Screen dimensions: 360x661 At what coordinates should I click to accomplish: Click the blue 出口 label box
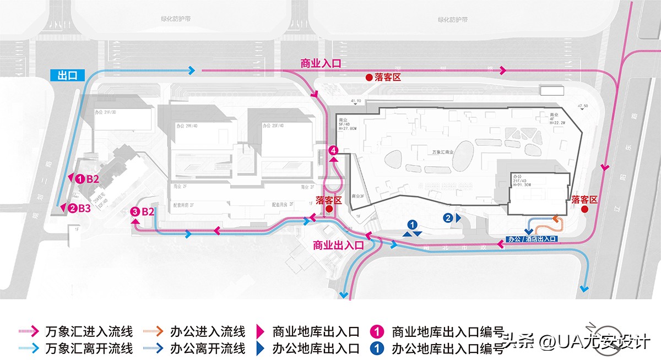pos(67,75)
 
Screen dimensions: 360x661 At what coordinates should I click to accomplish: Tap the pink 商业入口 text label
pos(321,63)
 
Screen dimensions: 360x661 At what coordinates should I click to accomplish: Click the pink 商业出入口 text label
pos(338,246)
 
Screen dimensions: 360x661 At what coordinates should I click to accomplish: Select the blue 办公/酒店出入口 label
pos(531,239)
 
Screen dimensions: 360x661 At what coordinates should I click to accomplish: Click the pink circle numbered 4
pos(332,150)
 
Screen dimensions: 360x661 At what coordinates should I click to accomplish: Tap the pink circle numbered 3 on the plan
pos(134,211)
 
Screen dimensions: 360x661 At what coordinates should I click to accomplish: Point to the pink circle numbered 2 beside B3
pos(72,208)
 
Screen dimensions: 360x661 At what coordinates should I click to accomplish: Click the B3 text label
pos(84,208)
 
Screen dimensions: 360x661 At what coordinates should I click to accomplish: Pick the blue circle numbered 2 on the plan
pos(449,218)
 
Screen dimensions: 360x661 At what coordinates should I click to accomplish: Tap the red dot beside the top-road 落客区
pos(369,78)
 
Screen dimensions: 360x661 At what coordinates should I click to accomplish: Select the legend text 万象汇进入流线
pos(89,332)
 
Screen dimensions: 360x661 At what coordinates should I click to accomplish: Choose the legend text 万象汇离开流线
pos(89,348)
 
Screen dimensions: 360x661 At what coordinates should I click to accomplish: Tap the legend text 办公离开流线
pos(208,348)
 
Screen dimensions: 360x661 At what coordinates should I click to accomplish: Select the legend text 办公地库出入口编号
pos(448,348)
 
